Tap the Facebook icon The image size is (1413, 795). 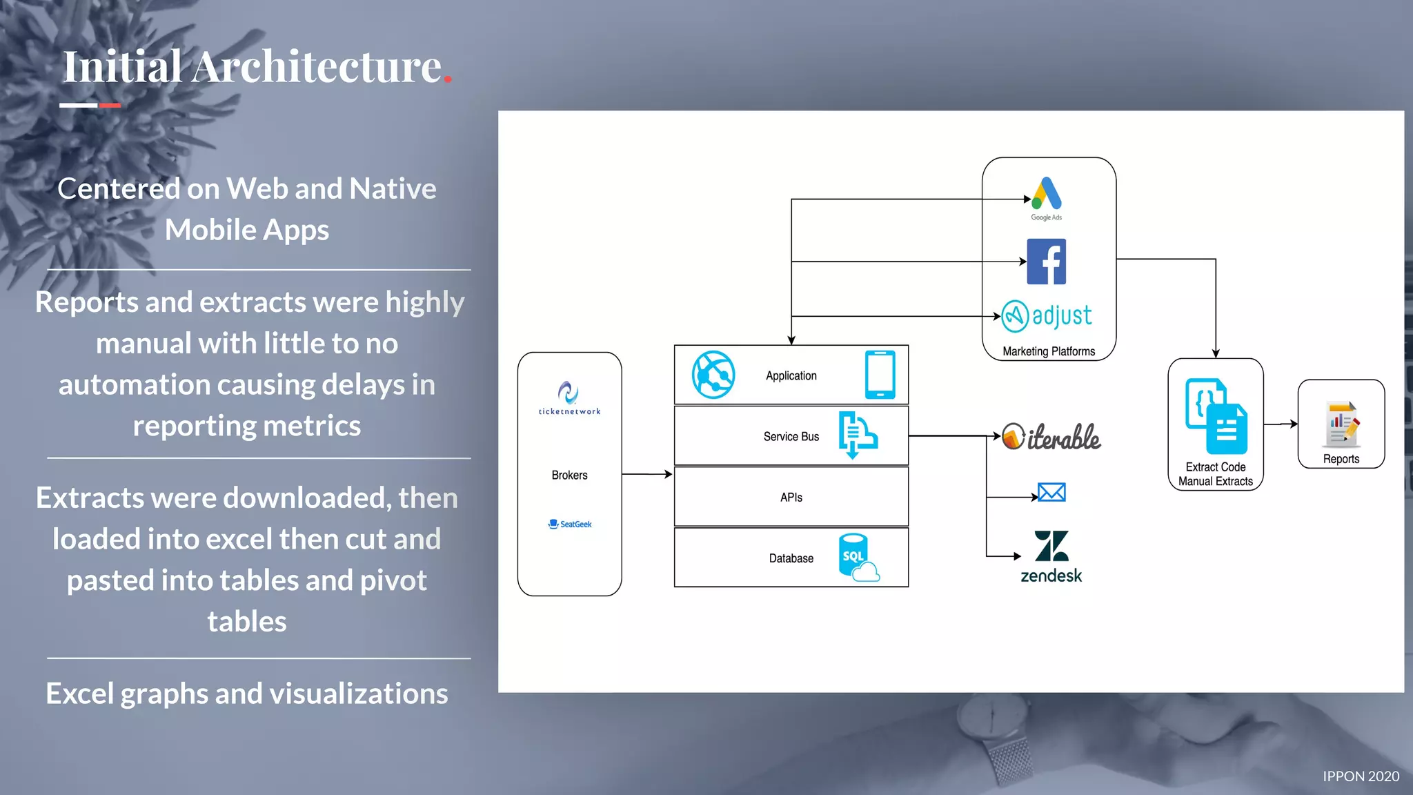[x=1046, y=262]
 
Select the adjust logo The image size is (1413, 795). [x=1047, y=316]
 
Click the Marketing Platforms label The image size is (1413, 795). [x=1048, y=351]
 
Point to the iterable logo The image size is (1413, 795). [x=1051, y=437]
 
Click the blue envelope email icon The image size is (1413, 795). [x=1051, y=492]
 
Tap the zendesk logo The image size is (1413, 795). [x=1051, y=556]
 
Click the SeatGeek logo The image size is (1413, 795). [x=570, y=524]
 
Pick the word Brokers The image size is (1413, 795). [x=569, y=475]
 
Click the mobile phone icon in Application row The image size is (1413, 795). [x=880, y=375]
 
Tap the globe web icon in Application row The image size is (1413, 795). [x=713, y=375]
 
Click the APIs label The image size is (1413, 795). [x=791, y=498]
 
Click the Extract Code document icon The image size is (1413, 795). [x=1216, y=415]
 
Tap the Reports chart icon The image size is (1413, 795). [x=1341, y=424]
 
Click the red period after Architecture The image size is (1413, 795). [x=448, y=80]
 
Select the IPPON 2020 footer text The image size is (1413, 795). [x=1361, y=776]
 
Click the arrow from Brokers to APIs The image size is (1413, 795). [x=647, y=475]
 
